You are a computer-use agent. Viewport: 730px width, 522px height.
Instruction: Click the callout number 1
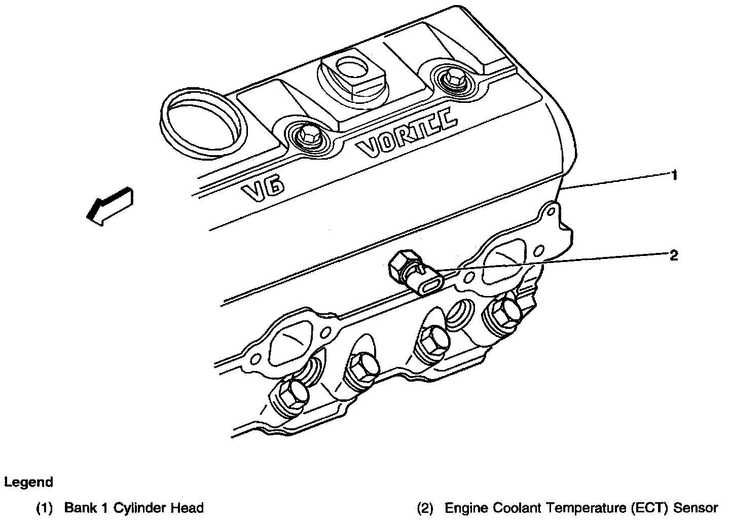[674, 176]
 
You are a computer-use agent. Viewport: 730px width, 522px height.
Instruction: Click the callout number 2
[673, 255]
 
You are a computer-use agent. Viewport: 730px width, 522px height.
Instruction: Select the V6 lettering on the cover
[262, 192]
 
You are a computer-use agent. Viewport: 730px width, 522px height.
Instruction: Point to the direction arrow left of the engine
[109, 205]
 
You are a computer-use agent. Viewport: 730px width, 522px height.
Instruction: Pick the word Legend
[28, 482]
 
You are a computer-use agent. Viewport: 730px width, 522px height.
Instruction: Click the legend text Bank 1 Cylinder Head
[134, 508]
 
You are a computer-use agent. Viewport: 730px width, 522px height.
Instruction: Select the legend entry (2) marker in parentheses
[425, 508]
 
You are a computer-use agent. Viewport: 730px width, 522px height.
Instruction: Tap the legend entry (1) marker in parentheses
[44, 508]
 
